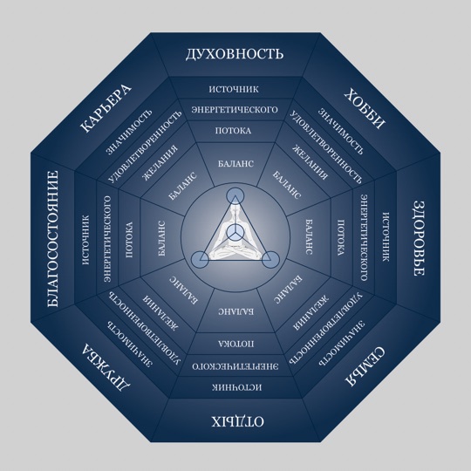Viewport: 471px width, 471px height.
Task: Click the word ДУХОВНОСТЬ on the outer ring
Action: pos(235,54)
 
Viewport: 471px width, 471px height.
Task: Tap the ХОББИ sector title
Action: pos(365,108)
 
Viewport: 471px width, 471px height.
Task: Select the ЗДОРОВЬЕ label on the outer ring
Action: pos(418,238)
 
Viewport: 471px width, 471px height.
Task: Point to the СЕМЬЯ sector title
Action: pos(365,366)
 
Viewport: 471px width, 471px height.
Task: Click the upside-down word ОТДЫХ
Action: pos(237,421)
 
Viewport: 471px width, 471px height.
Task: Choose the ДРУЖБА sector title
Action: pos(106,368)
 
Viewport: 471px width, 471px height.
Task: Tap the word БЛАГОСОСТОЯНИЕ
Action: pos(53,239)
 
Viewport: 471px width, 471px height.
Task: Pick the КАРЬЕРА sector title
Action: pos(106,109)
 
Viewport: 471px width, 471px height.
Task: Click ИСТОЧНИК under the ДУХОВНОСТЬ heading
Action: pos(234,89)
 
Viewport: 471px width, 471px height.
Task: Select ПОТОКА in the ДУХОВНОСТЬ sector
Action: pos(233,131)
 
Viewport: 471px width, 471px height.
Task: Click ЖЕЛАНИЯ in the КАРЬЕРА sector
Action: pos(160,163)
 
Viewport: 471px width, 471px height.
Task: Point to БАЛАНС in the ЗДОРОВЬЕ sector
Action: pos(309,237)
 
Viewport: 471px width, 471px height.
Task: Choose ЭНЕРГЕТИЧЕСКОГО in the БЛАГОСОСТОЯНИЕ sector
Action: pos(107,239)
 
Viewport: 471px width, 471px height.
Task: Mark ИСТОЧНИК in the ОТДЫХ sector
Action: pos(236,387)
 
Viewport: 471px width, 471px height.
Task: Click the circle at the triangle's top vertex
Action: pos(235,196)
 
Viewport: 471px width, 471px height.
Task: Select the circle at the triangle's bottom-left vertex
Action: pos(200,260)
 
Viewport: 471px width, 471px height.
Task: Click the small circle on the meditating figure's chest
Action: pos(235,233)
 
